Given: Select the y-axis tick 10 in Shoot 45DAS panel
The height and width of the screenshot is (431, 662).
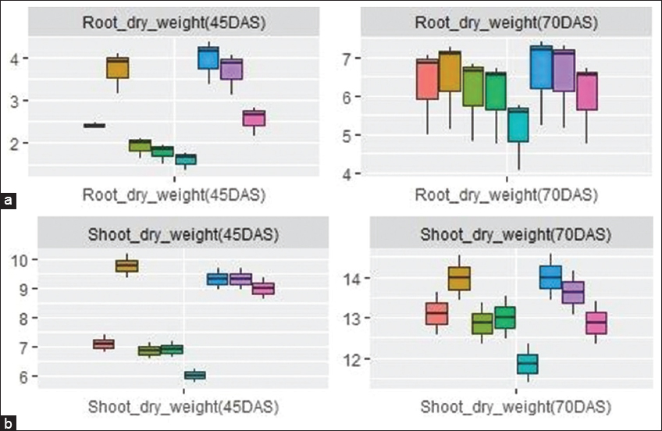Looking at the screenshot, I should tap(14, 259).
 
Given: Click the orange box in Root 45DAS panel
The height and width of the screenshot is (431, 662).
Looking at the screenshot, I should tap(117, 68).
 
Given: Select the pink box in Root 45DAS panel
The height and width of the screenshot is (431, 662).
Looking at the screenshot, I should tap(254, 118).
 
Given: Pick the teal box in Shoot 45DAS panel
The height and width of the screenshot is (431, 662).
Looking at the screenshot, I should tap(194, 375).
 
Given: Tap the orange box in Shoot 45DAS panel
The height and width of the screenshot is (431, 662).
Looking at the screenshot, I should tap(126, 265).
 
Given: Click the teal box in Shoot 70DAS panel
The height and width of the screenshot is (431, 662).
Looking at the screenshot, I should tap(528, 364).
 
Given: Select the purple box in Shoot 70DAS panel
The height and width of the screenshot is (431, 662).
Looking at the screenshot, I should tap(573, 292).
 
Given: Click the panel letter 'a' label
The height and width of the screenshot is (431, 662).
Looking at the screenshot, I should tap(9, 201).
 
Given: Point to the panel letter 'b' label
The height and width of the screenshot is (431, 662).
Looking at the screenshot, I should tap(9, 423).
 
